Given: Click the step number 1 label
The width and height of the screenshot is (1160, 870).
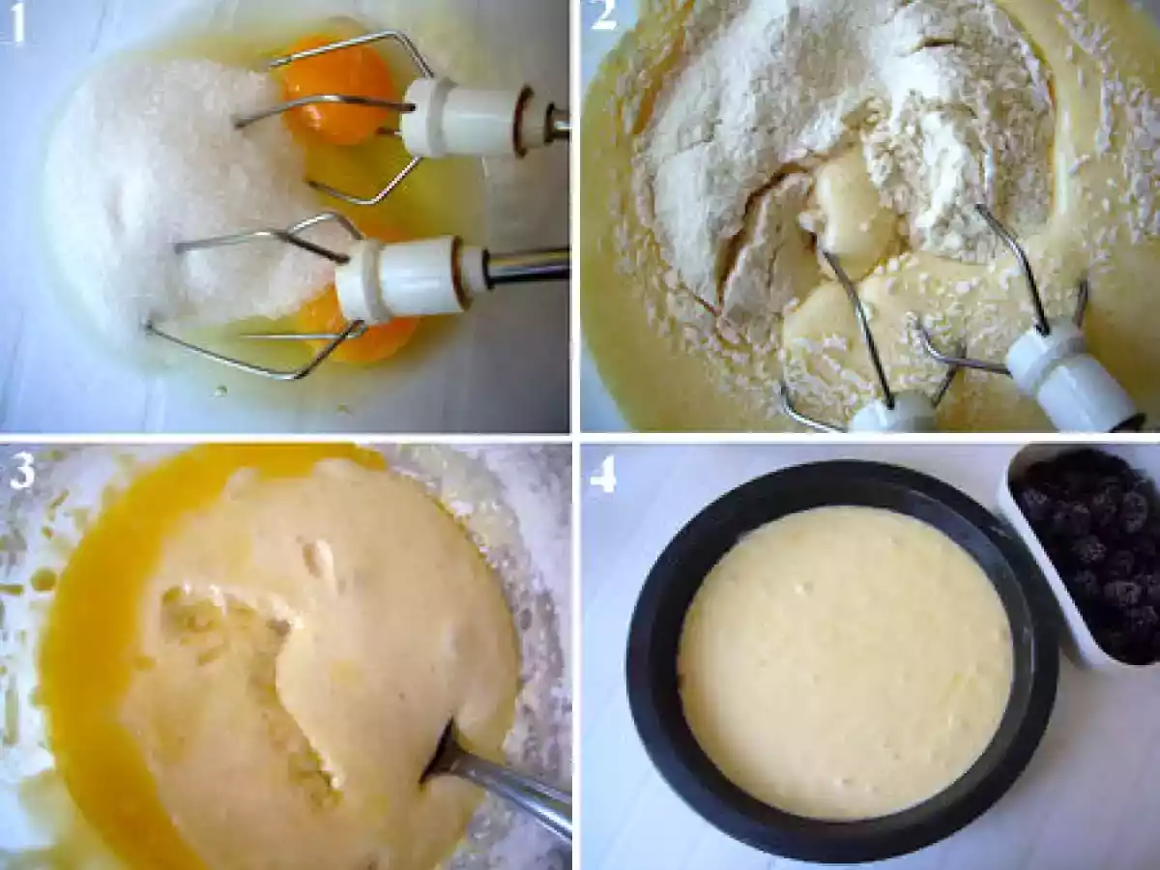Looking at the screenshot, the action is (x=16, y=21).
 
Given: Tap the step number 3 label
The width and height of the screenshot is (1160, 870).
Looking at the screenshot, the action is (x=21, y=470).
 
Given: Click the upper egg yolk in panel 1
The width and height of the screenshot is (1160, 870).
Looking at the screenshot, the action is (x=338, y=90).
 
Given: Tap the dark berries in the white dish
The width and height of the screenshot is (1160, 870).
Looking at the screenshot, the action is (x=1094, y=555).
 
